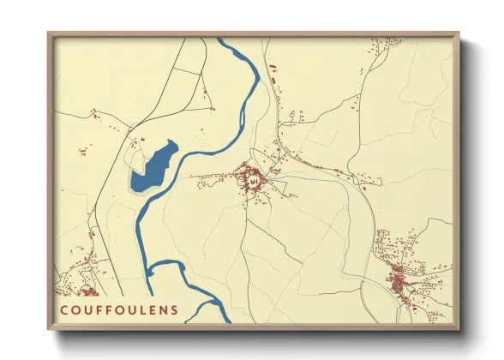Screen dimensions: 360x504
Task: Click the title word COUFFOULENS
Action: (x=120, y=309)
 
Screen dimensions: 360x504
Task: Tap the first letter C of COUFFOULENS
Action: (x=64, y=309)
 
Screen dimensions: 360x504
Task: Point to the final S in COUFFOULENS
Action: (x=175, y=309)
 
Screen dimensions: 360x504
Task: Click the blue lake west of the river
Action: (x=153, y=168)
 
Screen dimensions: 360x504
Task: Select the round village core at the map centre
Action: (x=254, y=180)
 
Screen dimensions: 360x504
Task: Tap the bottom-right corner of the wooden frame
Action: (x=459, y=329)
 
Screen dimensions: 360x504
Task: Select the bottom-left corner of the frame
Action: (x=49, y=329)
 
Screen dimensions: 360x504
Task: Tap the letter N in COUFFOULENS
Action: (x=163, y=309)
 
